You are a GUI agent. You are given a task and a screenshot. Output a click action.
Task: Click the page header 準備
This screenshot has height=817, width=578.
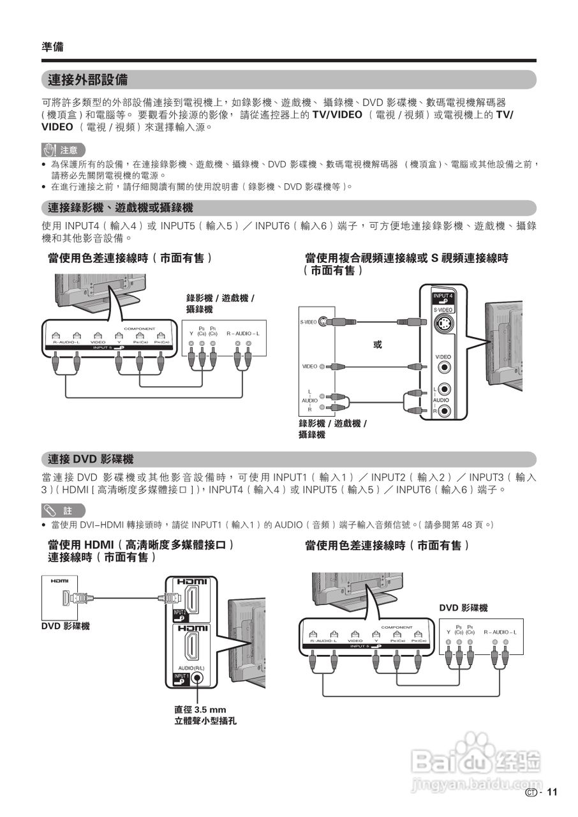(52, 47)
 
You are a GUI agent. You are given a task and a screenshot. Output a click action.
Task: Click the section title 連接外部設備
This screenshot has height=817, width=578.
(88, 80)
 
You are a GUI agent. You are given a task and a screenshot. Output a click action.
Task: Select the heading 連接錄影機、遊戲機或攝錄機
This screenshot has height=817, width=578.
(121, 208)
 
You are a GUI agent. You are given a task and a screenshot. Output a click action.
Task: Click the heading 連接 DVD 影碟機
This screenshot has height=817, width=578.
(91, 459)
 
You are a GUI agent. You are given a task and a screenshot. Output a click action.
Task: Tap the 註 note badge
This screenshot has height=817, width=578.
(62, 511)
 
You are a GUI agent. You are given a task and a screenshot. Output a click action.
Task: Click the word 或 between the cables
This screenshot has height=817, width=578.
(378, 345)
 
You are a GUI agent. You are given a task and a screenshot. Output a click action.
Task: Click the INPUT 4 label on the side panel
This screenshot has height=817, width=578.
(443, 297)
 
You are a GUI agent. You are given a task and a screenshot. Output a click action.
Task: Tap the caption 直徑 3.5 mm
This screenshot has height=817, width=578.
(200, 710)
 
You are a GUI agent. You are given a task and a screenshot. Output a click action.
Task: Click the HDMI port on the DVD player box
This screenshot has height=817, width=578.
(66, 598)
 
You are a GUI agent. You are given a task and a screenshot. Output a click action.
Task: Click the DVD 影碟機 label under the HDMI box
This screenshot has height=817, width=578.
(66, 626)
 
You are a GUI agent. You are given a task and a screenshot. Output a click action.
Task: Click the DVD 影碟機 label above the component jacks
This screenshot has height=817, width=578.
(463, 608)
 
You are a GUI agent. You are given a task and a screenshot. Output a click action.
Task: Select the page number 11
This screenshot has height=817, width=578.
(552, 792)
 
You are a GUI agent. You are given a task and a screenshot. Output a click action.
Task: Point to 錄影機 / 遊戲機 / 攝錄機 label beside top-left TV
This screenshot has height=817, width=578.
(220, 303)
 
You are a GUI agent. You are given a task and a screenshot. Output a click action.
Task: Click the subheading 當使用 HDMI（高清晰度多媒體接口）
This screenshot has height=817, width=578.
(141, 544)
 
